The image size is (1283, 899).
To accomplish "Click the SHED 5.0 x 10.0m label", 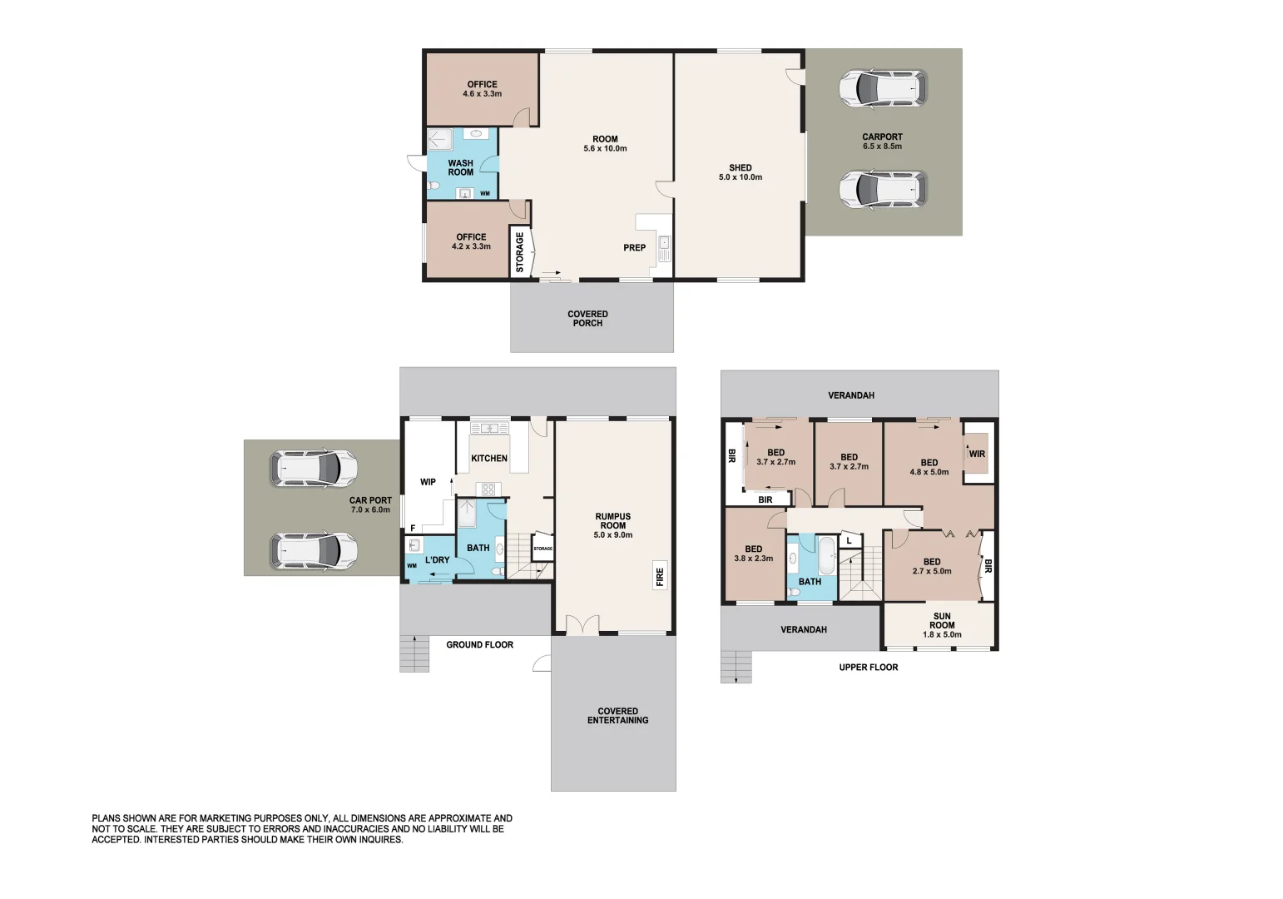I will (x=740, y=172).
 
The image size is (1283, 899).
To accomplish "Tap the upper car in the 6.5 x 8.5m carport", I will (x=882, y=87).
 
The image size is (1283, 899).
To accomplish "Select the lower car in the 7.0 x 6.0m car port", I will (x=314, y=551).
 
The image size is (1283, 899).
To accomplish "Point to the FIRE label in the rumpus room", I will (x=660, y=576).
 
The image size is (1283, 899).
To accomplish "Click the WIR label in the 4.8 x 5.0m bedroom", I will (x=977, y=454).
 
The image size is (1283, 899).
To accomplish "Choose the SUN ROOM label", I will (x=942, y=625).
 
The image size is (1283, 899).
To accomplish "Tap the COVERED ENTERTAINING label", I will (x=617, y=716).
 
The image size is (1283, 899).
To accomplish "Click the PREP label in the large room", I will (x=634, y=247).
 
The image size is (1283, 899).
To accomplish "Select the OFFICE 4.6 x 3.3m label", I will (x=482, y=89).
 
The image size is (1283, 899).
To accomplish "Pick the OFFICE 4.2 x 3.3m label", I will (x=471, y=241).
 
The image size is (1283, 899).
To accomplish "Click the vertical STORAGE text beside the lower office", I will (x=520, y=252).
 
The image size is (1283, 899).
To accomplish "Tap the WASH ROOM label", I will (x=460, y=168).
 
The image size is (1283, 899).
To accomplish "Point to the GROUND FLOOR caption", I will (x=479, y=644).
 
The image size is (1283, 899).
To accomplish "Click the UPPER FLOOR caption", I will (x=868, y=667).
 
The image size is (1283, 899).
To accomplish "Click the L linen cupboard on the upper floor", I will (x=849, y=540).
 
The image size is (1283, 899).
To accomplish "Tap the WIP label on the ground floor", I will (x=428, y=482).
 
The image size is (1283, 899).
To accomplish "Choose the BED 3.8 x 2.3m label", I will (x=753, y=554).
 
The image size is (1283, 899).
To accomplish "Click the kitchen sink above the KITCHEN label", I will (x=490, y=428).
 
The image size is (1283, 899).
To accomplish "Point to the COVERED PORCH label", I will (x=587, y=318).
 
